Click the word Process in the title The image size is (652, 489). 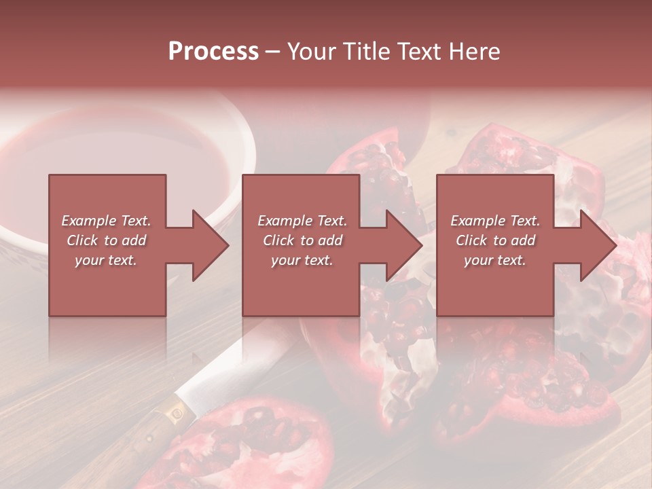click(213, 52)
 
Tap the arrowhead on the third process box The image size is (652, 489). click(598, 245)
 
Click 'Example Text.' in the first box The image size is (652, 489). click(106, 221)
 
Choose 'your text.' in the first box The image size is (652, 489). click(106, 260)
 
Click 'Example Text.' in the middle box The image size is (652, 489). click(302, 221)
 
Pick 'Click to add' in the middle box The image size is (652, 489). click(302, 240)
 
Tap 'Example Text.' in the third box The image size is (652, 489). click(495, 221)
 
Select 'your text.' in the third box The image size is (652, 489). click(495, 260)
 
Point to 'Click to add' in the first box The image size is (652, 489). click(106, 240)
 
